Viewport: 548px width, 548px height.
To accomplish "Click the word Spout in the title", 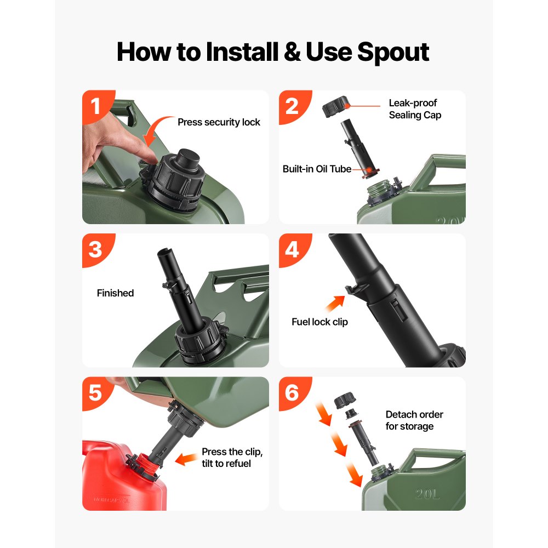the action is click(393, 53).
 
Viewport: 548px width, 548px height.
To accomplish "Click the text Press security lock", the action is click(219, 122).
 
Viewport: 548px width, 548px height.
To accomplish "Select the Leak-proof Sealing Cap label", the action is click(415, 109).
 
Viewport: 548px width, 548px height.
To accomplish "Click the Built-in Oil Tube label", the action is click(317, 169).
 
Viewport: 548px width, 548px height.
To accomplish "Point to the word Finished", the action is click(115, 293).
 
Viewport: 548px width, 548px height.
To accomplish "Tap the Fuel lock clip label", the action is click(320, 322).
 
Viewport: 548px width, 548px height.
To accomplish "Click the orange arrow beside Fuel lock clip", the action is click(335, 304).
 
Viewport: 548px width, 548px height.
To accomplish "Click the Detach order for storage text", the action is click(414, 420).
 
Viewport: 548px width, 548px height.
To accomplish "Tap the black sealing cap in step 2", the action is click(335, 107).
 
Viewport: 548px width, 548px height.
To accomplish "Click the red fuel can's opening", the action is click(144, 462).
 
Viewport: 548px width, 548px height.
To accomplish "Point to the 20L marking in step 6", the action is click(427, 494).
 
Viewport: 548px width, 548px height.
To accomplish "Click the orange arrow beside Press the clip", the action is click(186, 459).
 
